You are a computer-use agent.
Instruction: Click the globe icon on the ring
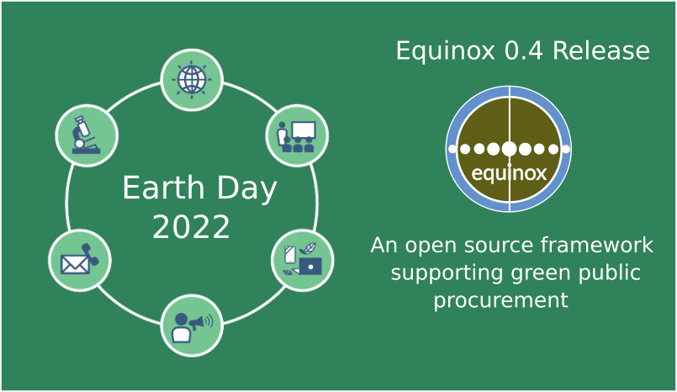click(192, 80)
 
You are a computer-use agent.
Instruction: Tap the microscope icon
click(87, 135)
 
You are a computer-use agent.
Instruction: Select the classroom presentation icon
click(297, 135)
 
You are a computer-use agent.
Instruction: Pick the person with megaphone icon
click(192, 325)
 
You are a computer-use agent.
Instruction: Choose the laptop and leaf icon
click(303, 260)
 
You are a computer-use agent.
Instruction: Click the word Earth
click(160, 188)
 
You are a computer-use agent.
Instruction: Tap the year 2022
click(191, 227)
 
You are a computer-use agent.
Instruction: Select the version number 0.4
click(523, 51)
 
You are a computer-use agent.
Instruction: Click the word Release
click(600, 51)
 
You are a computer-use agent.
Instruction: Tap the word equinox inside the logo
click(509, 174)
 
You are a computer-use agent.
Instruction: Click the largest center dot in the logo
click(509, 149)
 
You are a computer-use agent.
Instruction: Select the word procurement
click(501, 300)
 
